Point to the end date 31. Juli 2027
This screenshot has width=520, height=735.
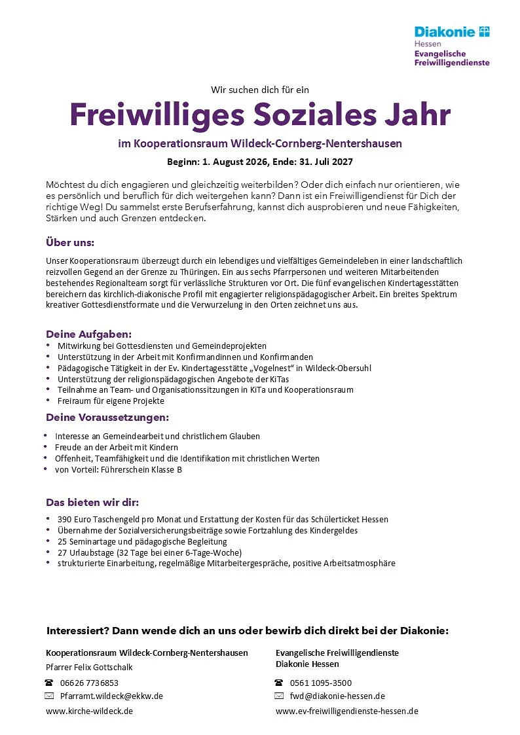[x=322, y=160]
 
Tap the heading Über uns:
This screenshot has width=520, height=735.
[x=70, y=242]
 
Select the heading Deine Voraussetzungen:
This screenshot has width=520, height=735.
[x=107, y=417]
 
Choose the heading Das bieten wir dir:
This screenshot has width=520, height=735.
[x=92, y=503]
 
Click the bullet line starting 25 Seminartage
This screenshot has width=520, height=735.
[x=142, y=541]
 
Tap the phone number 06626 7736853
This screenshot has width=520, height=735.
[x=89, y=683]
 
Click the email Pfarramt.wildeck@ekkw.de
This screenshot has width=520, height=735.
[x=111, y=696]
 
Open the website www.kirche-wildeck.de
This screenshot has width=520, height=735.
[x=89, y=711]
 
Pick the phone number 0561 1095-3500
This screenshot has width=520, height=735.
[x=321, y=683]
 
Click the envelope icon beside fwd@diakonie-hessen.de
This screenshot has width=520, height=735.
[x=279, y=696]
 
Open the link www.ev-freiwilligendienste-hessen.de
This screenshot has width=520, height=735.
[x=346, y=711]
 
